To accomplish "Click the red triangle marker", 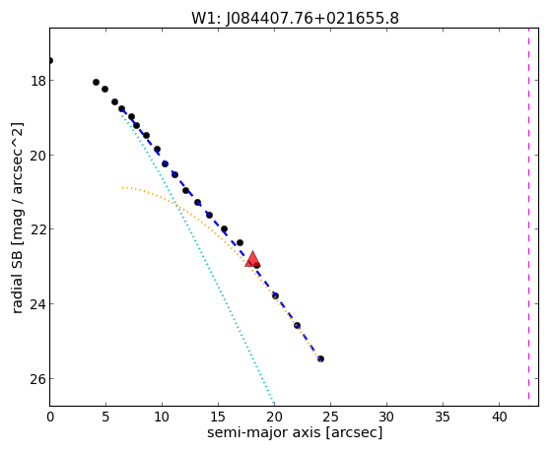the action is [252, 259].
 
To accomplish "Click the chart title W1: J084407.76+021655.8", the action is [295, 18].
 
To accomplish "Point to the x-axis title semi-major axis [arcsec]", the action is [295, 432].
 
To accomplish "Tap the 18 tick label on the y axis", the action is [38, 81].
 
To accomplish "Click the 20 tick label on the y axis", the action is [38, 156].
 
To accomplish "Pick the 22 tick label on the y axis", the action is [38, 229].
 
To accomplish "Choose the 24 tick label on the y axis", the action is [38, 303].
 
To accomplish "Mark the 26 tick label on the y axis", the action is [38, 378].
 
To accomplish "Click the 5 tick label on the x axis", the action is [105, 418].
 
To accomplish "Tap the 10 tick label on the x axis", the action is [162, 418].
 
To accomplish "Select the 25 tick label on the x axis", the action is [330, 418].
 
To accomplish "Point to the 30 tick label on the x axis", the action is [387, 418].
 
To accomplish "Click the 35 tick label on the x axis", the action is [443, 418].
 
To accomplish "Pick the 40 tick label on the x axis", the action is [500, 418].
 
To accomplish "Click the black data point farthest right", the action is [320, 358].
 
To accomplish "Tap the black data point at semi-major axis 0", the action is [50, 61].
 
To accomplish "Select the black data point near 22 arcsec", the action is [298, 326].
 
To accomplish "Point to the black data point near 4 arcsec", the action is [96, 82].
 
